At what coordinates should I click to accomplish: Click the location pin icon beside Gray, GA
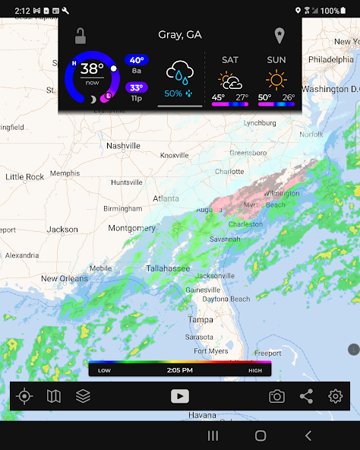[279, 36]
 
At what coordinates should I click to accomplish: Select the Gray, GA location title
[180, 35]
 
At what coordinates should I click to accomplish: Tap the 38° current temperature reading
[92, 69]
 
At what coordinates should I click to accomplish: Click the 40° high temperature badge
[137, 60]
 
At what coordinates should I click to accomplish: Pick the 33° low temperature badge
[137, 87]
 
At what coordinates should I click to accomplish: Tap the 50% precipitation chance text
[173, 93]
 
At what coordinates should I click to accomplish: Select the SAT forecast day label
[229, 59]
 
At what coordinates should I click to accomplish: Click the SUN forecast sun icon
[276, 79]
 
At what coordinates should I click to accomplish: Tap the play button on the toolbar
[180, 396]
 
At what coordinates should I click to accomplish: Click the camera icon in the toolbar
[277, 396]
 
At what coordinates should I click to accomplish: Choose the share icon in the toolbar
[306, 396]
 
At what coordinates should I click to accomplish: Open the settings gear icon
[336, 396]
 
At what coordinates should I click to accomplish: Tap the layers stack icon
[83, 396]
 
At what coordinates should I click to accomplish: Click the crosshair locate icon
[25, 396]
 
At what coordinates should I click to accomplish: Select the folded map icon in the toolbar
[54, 396]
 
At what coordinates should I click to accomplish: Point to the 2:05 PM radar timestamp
[180, 370]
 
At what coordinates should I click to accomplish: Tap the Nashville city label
[123, 145]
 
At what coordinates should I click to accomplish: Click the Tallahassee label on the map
[168, 268]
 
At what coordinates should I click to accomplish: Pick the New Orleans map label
[65, 278]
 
